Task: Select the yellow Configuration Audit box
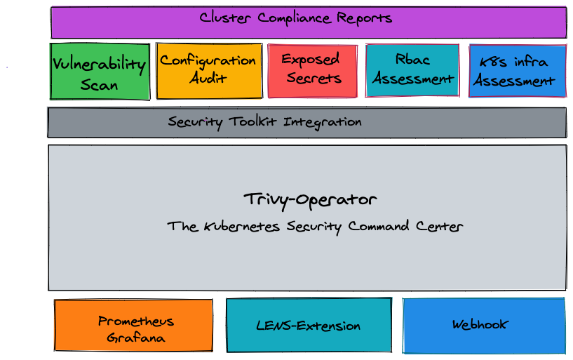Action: (208, 71)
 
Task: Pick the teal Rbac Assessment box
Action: (412, 70)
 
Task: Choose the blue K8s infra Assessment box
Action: (517, 71)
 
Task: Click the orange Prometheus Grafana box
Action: (134, 326)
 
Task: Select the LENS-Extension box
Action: (309, 326)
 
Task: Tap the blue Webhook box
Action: (483, 324)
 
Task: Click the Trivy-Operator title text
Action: (310, 199)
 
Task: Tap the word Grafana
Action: (135, 338)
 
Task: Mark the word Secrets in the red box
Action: (314, 78)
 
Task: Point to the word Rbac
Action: (412, 60)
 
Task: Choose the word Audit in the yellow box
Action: (208, 77)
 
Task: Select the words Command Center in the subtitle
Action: (414, 227)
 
